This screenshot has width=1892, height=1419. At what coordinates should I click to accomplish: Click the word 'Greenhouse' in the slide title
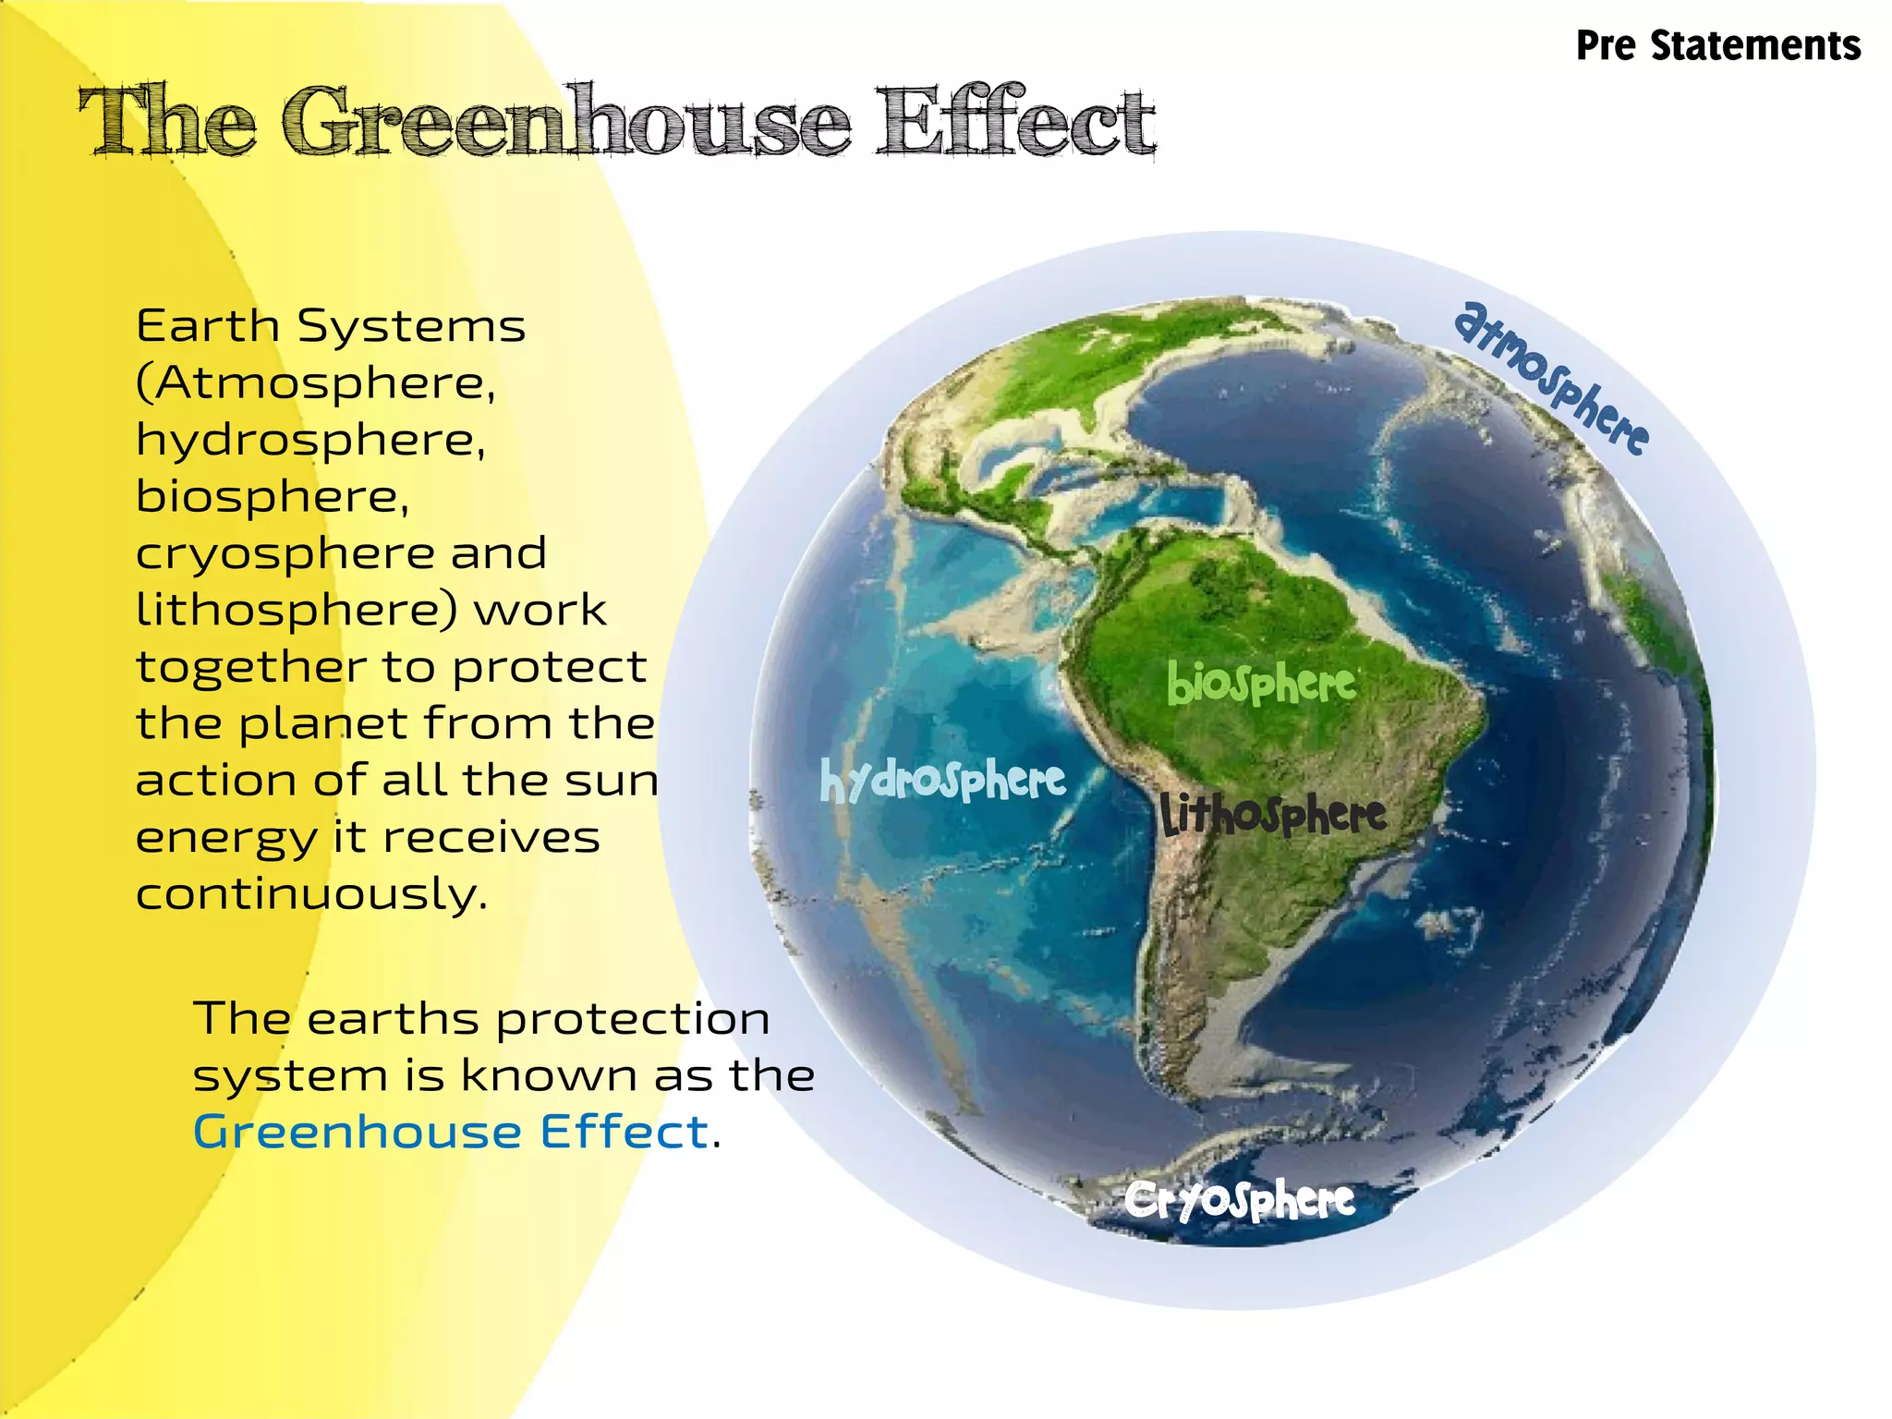point(565,122)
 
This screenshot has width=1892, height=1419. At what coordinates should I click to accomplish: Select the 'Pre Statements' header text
point(1717,46)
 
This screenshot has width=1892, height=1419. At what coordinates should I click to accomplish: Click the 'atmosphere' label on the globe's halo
point(1551,378)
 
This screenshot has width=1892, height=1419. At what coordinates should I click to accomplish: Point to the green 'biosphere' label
point(1261,685)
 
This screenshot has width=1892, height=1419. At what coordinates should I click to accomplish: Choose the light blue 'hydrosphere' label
point(942,782)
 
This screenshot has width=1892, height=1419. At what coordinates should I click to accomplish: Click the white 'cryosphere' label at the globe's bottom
point(1240,1201)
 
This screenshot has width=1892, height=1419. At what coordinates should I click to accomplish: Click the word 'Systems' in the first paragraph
point(411,326)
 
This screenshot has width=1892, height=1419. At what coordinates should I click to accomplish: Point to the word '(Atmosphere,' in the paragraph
point(316,383)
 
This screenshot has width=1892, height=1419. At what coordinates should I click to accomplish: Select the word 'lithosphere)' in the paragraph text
point(297,611)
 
